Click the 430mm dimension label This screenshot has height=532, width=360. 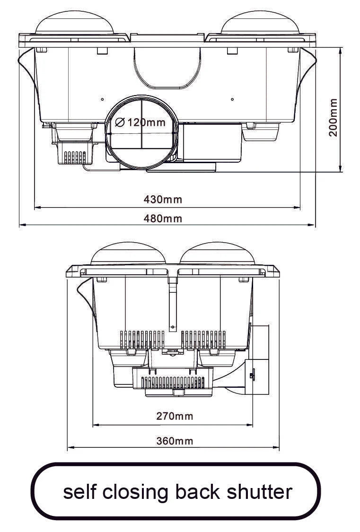(163, 199)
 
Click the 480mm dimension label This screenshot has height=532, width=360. (163, 218)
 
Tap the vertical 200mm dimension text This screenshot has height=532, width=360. (334, 118)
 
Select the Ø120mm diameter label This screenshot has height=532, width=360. (140, 122)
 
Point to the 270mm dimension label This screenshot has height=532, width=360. (175, 416)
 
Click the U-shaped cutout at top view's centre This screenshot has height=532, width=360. (165, 71)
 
